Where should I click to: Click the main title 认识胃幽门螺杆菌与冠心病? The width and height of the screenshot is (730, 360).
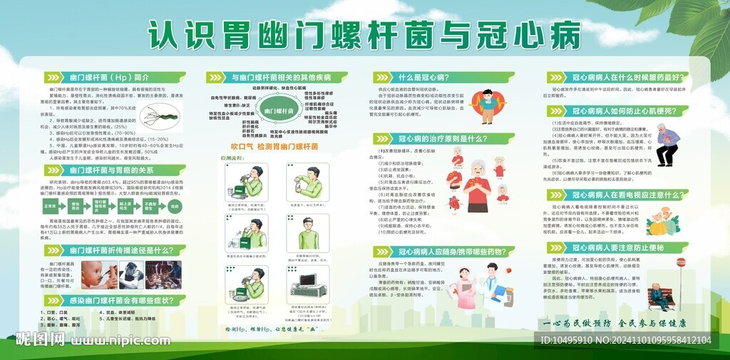(x=365, y=34)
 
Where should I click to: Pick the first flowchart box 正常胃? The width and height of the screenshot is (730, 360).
(x=50, y=205)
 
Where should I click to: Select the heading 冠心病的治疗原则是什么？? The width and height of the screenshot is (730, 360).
(x=443, y=138)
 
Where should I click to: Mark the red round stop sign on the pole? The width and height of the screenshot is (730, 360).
(x=680, y=263)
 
